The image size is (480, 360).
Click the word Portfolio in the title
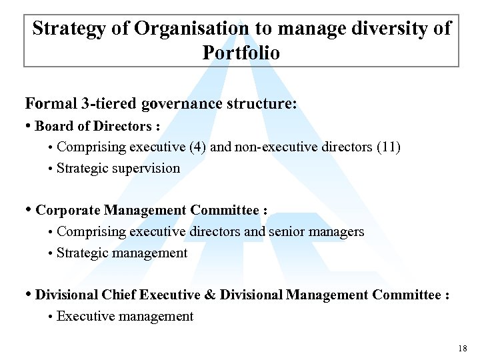(x=241, y=53)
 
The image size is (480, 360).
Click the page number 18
(x=463, y=349)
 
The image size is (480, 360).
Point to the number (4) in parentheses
(x=198, y=147)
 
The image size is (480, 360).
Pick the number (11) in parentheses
(x=388, y=147)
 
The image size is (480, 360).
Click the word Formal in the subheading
(x=51, y=104)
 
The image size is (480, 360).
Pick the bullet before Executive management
(x=51, y=317)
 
